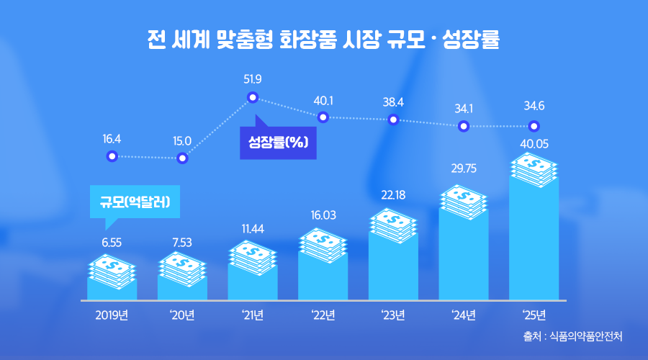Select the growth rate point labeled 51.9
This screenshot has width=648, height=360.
[x=253, y=97]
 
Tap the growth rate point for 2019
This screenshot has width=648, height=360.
[x=112, y=156]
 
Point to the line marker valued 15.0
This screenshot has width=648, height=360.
[x=182, y=158]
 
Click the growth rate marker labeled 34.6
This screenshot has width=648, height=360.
[x=534, y=126]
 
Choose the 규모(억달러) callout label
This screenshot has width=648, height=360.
[x=135, y=202]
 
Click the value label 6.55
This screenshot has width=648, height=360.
[x=112, y=243]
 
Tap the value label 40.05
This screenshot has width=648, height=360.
[x=534, y=143]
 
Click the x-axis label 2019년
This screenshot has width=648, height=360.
[x=112, y=315]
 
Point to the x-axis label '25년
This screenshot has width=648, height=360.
[x=534, y=315]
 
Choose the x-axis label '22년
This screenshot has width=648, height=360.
[x=323, y=315]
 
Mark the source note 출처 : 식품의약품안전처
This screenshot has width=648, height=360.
[x=573, y=336]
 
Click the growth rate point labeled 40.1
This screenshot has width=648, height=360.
[x=323, y=117]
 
